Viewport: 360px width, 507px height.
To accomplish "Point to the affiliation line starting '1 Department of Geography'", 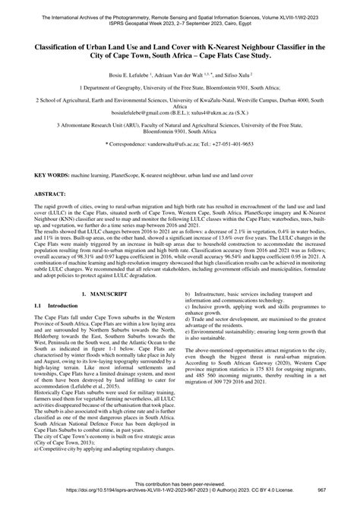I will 180,89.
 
